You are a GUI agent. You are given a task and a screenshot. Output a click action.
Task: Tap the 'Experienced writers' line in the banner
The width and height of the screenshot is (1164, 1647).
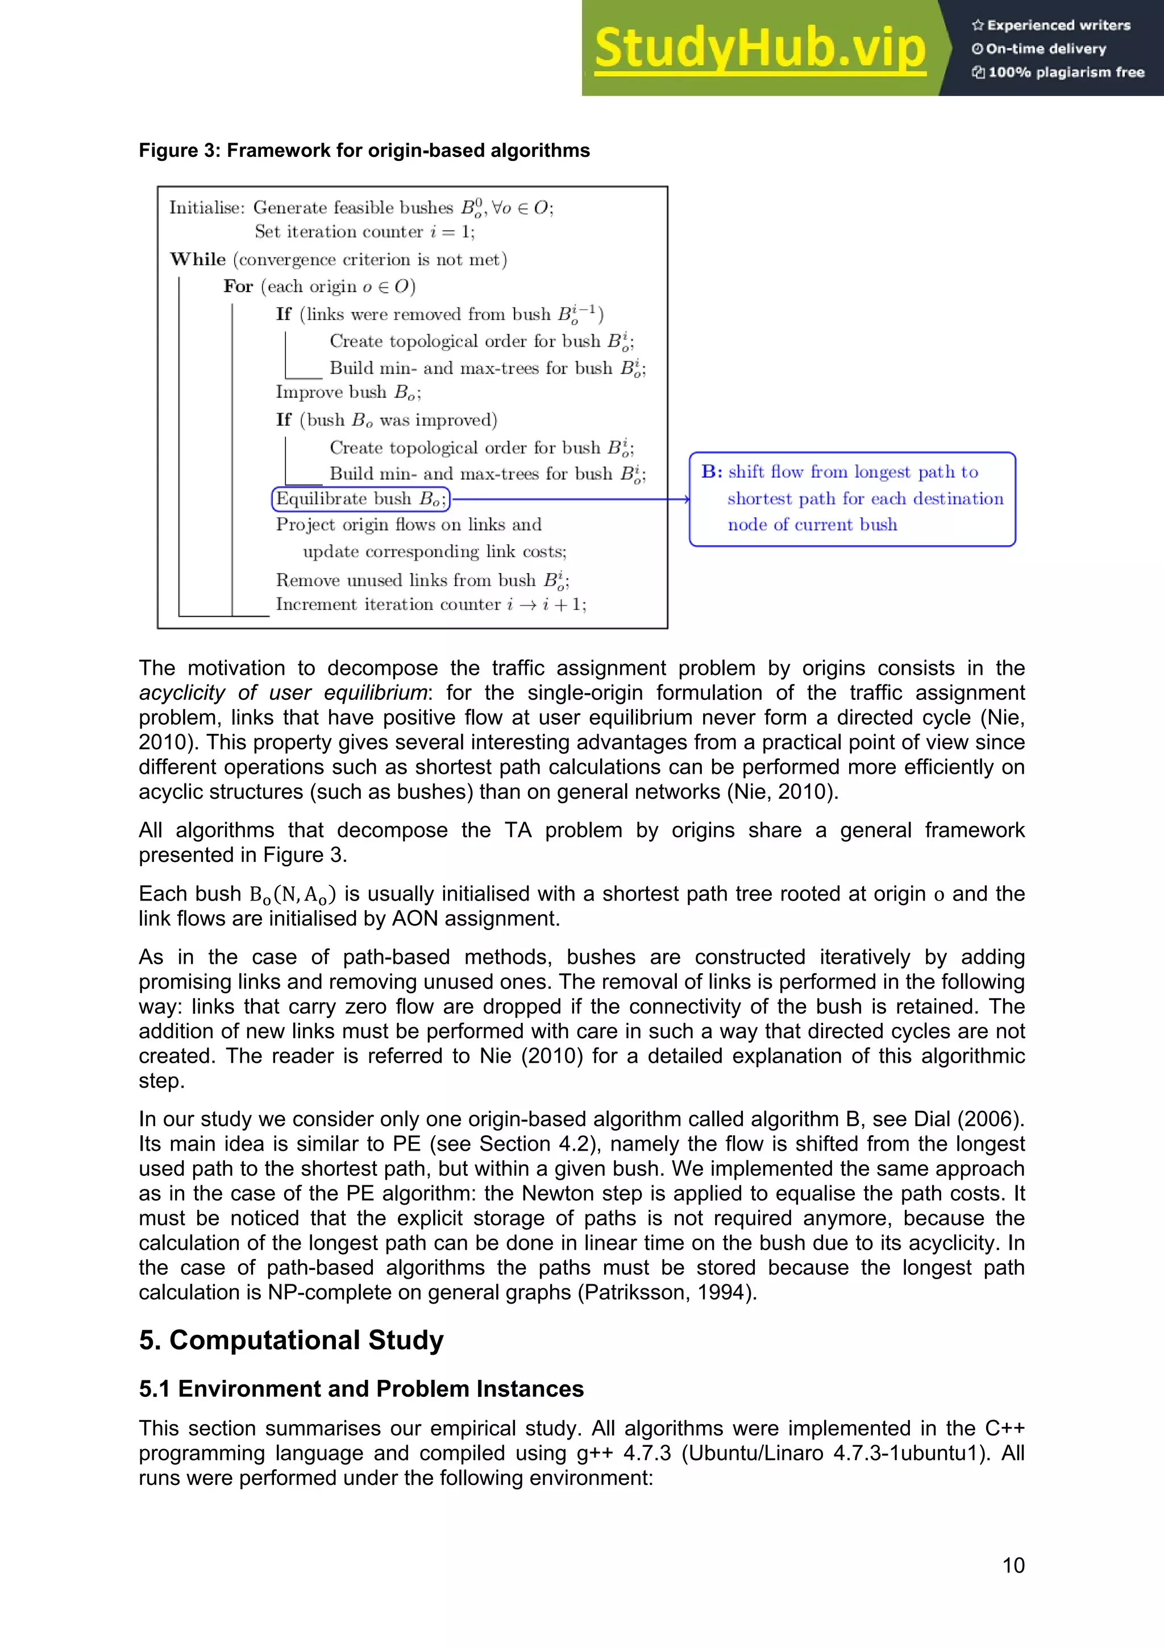tap(1051, 25)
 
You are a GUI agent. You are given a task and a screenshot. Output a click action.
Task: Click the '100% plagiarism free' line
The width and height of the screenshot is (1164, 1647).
tap(1059, 72)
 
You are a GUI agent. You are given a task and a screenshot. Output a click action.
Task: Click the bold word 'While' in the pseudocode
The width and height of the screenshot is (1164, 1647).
tap(198, 259)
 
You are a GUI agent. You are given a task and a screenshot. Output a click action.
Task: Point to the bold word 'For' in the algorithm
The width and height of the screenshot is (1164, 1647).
tap(238, 286)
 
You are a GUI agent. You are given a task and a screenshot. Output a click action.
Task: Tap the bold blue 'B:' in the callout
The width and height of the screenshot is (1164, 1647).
tap(712, 471)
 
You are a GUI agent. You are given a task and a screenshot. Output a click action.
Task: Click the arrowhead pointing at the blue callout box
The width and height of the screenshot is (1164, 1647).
tap(687, 499)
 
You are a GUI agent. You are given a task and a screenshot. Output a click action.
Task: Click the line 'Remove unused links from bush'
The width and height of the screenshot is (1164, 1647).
tap(422, 580)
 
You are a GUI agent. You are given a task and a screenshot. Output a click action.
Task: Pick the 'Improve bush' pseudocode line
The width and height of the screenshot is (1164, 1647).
tap(348, 392)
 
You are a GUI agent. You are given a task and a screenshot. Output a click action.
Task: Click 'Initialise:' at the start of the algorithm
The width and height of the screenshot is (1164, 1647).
tap(206, 208)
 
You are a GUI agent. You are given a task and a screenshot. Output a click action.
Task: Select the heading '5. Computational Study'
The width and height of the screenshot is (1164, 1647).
tap(291, 1340)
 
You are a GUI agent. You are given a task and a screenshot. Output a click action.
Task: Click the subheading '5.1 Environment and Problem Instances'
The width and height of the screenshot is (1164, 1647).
tap(361, 1389)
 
